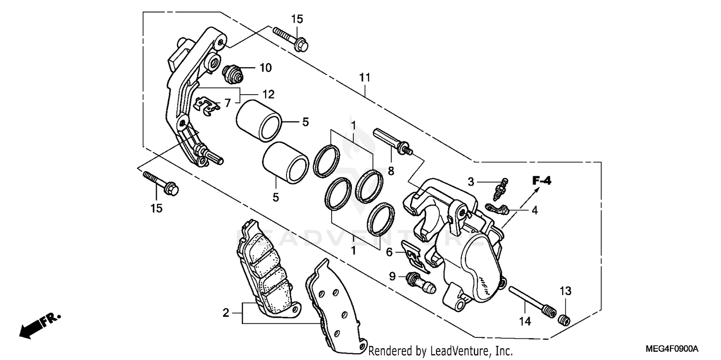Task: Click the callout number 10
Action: click(265, 68)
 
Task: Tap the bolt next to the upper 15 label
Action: click(290, 39)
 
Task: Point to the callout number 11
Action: click(365, 77)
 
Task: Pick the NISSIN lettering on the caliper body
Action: click(485, 284)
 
